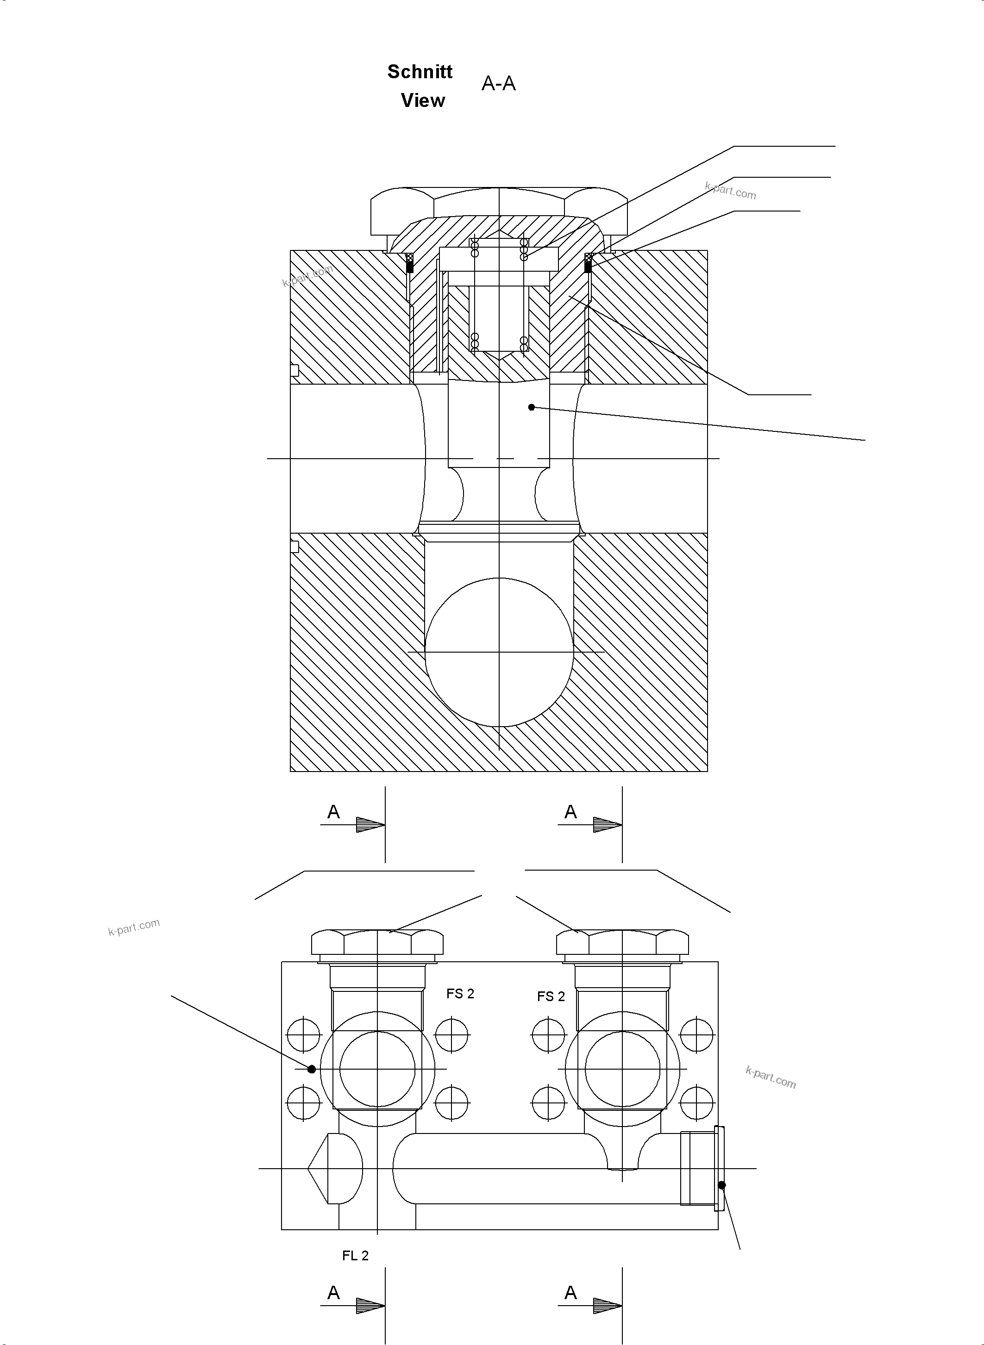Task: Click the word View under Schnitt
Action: pyautogui.click(x=422, y=100)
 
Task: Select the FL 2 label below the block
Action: pyautogui.click(x=355, y=1256)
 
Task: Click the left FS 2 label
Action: pyautogui.click(x=460, y=994)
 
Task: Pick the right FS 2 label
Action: pyautogui.click(x=551, y=996)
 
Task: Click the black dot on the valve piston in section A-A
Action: pyautogui.click(x=531, y=407)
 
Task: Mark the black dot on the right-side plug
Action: pyautogui.click(x=721, y=1185)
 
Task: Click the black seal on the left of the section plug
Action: pyautogui.click(x=409, y=267)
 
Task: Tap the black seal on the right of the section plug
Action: pyautogui.click(x=588, y=267)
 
